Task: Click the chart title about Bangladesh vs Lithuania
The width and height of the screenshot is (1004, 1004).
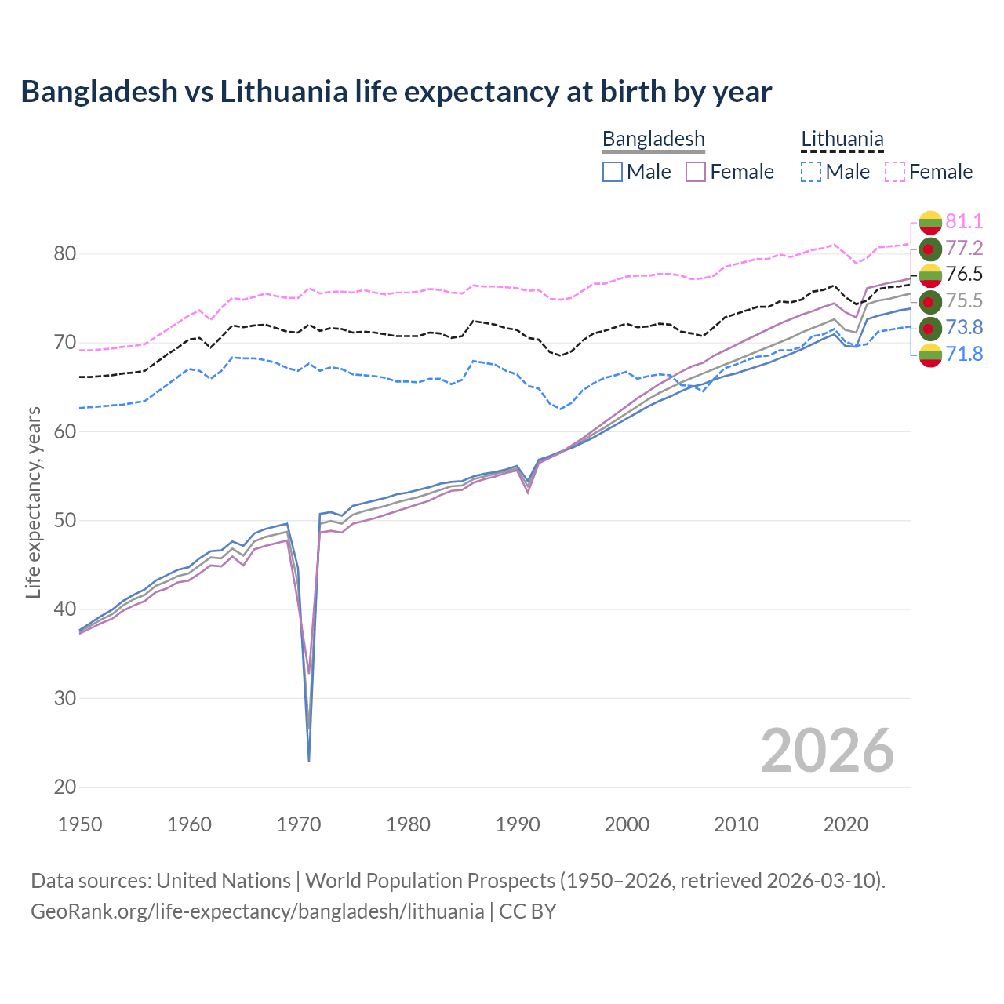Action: [x=396, y=92]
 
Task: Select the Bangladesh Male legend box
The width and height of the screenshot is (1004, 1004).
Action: [x=613, y=172]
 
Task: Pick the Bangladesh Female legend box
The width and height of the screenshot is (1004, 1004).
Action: [x=696, y=172]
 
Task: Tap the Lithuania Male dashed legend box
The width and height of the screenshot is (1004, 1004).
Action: [x=811, y=172]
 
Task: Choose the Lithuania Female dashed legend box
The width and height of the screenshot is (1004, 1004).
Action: [x=895, y=172]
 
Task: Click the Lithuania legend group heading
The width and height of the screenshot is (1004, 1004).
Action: [x=842, y=140]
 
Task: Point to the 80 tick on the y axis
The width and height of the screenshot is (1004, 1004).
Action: [x=65, y=253]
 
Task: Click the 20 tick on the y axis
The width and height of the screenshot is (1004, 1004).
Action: [x=65, y=787]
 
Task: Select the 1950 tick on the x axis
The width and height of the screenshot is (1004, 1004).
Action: [x=80, y=824]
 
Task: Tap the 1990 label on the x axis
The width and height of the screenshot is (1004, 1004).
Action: [x=518, y=824]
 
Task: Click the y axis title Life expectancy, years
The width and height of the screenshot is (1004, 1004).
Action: [x=34, y=502]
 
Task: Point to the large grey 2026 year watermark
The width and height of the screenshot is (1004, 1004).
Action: [x=827, y=751]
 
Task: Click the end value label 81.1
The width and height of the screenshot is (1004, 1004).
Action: [x=964, y=221]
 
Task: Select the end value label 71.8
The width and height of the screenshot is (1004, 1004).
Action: [x=964, y=355]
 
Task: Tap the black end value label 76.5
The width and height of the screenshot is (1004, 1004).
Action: [x=964, y=275]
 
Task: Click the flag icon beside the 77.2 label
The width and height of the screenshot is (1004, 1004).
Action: [x=929, y=249]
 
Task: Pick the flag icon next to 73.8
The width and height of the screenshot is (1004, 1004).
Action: [x=929, y=328]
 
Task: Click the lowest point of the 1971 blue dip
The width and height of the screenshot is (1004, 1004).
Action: [x=309, y=761]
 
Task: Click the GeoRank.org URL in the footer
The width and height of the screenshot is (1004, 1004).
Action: [x=257, y=911]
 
